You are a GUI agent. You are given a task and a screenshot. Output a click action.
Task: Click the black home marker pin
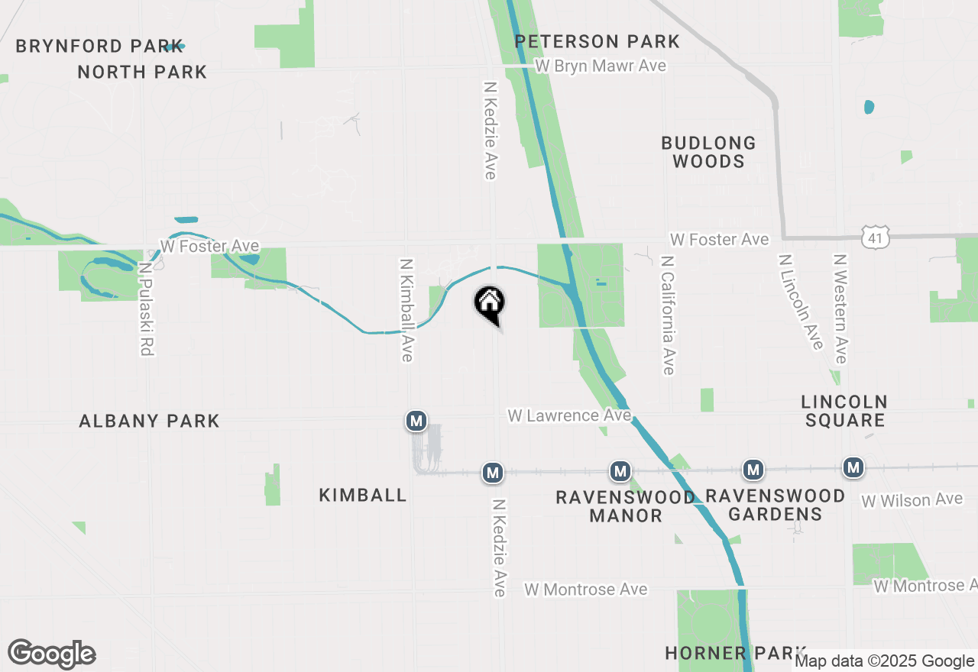coord(489,304)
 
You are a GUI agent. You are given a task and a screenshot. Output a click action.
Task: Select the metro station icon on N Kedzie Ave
coord(493,473)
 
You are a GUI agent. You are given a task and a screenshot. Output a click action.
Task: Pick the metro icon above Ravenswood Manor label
coord(620,471)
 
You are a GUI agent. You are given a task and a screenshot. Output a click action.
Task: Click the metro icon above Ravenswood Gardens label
coord(753,470)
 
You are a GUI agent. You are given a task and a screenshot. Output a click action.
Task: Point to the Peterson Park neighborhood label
coord(597,41)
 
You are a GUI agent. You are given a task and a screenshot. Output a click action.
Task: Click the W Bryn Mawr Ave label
coord(601,66)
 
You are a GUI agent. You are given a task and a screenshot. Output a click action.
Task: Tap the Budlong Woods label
coord(708,152)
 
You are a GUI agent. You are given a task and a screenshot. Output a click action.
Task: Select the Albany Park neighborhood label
coord(149,421)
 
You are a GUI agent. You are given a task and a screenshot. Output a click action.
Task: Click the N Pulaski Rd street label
coord(146,309)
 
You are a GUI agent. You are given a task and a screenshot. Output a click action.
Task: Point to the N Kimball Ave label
coord(406,309)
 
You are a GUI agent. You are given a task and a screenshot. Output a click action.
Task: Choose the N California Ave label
coord(669,315)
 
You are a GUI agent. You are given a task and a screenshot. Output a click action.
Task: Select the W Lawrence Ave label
coord(570,415)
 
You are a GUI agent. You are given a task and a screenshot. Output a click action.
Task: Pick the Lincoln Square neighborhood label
coord(844,411)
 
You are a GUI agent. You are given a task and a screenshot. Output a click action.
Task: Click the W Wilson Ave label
coord(912,500)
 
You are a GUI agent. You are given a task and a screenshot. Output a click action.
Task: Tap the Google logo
coord(52,654)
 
